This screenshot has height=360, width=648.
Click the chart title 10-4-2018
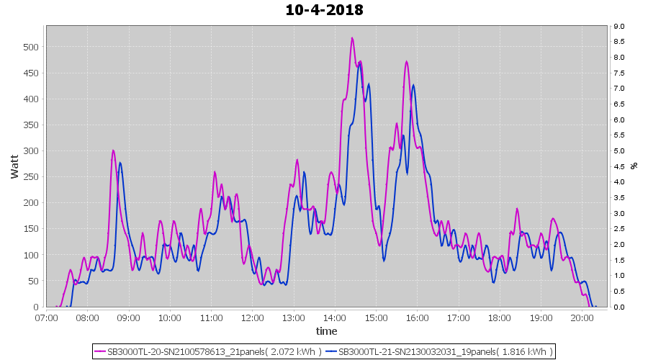(x=324, y=10)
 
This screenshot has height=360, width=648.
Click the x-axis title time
(x=326, y=331)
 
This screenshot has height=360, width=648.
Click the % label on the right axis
(x=634, y=166)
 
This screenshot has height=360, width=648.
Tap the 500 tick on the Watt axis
(x=30, y=47)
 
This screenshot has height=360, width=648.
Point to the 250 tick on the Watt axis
(x=30, y=177)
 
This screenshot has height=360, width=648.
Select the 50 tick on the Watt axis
(x=32, y=281)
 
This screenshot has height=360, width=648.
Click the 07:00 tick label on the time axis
(x=46, y=317)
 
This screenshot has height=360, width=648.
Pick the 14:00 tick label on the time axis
(x=335, y=317)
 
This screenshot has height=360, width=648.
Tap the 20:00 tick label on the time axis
(x=582, y=317)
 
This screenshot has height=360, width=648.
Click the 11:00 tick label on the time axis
(x=211, y=317)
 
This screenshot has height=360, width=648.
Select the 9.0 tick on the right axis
(x=619, y=27)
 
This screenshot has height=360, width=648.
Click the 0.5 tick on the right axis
(x=619, y=292)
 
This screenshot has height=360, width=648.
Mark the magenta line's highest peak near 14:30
(x=352, y=38)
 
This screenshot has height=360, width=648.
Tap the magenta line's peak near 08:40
(x=113, y=150)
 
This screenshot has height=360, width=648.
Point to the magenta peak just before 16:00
(x=407, y=62)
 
